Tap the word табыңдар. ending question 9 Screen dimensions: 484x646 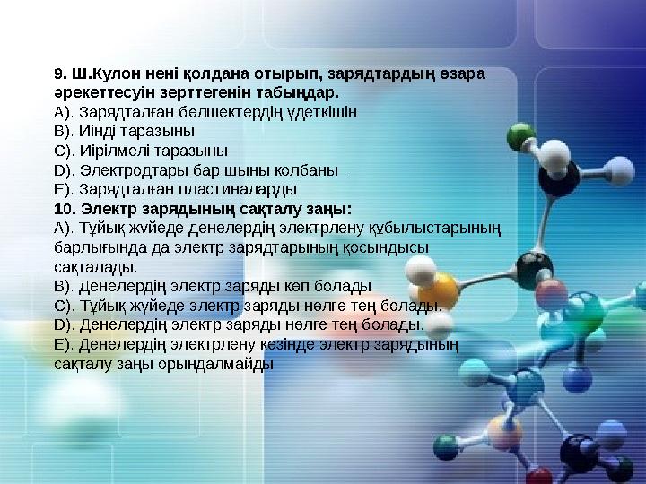click(301, 92)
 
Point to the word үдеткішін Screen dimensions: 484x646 click(326, 112)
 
